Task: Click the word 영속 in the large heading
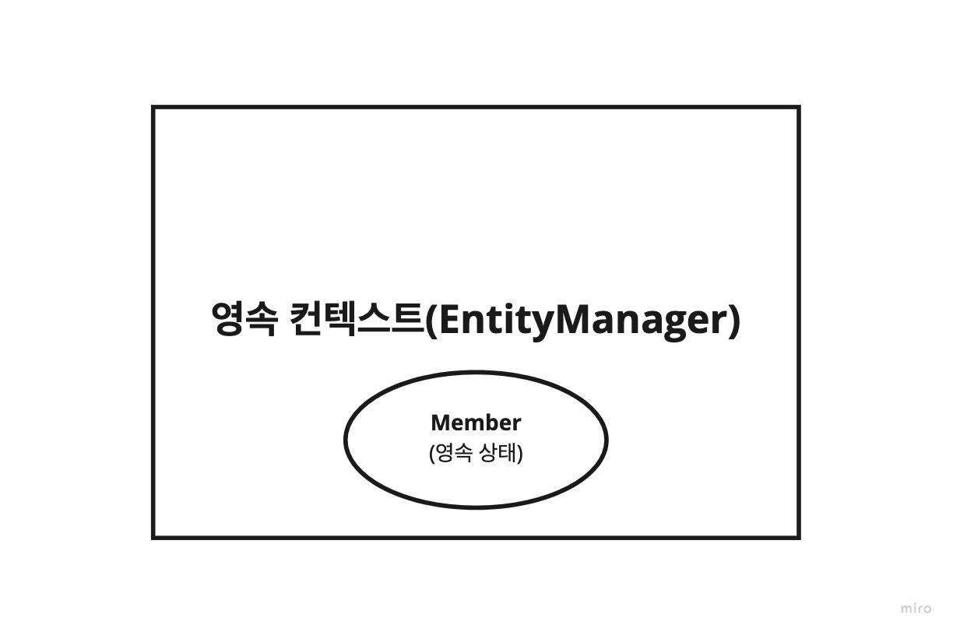[243, 319]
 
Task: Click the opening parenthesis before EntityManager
[433, 320]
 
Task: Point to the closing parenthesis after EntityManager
[733, 320]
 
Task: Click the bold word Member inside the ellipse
[476, 423]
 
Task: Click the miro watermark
[916, 609]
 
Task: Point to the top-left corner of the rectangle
[153, 107]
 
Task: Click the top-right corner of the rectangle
[799, 107]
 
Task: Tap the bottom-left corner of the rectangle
[153, 536]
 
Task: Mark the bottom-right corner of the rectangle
[799, 536]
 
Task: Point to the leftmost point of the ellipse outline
[345, 440]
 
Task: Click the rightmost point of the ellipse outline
[607, 440]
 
